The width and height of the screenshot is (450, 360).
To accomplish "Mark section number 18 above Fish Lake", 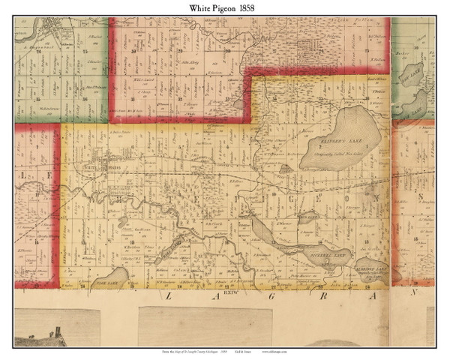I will coord(130,241).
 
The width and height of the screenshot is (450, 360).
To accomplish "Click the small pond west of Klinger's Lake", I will coord(285,169).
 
